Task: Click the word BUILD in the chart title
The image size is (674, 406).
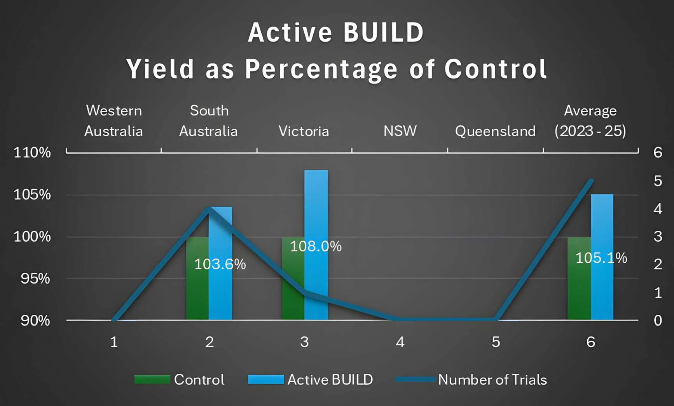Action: tap(383, 32)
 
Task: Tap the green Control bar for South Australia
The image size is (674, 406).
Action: tap(197, 288)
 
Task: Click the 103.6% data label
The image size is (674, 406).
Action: tap(220, 264)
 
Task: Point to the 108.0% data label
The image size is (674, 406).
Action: tap(316, 246)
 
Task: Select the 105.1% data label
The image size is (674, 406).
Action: tap(601, 258)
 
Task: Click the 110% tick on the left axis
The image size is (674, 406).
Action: tap(32, 152)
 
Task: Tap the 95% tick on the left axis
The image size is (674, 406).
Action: tap(35, 279)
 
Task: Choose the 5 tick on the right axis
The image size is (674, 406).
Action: tap(658, 181)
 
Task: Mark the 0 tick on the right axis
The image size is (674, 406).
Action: tap(658, 321)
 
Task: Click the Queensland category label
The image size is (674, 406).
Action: tap(495, 131)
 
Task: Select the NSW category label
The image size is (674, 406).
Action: tap(400, 131)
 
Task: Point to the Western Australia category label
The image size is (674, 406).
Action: tap(113, 121)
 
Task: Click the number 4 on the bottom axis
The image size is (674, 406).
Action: tap(400, 342)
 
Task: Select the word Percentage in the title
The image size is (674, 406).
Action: tap(321, 69)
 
